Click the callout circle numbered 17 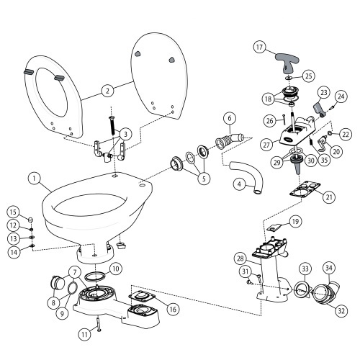point(261,48)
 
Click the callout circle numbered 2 point(107,91)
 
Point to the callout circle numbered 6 point(228,118)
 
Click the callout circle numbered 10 point(115,269)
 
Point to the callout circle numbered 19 point(294,222)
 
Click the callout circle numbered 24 point(341,96)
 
